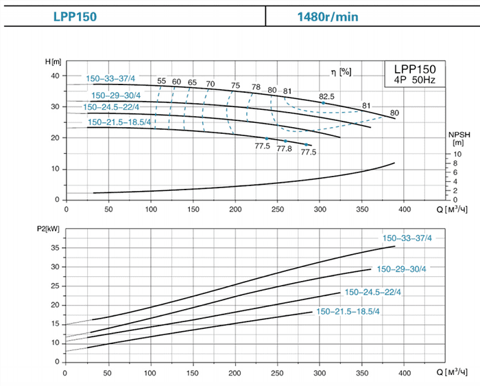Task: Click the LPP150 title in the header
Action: click(x=77, y=16)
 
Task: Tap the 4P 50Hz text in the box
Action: click(x=413, y=80)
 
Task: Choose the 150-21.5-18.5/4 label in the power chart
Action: click(x=348, y=312)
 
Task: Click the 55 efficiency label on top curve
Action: click(x=162, y=82)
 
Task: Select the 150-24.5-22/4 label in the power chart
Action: click(x=372, y=292)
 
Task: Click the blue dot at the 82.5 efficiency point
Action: click(x=323, y=103)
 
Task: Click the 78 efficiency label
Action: click(x=256, y=87)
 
